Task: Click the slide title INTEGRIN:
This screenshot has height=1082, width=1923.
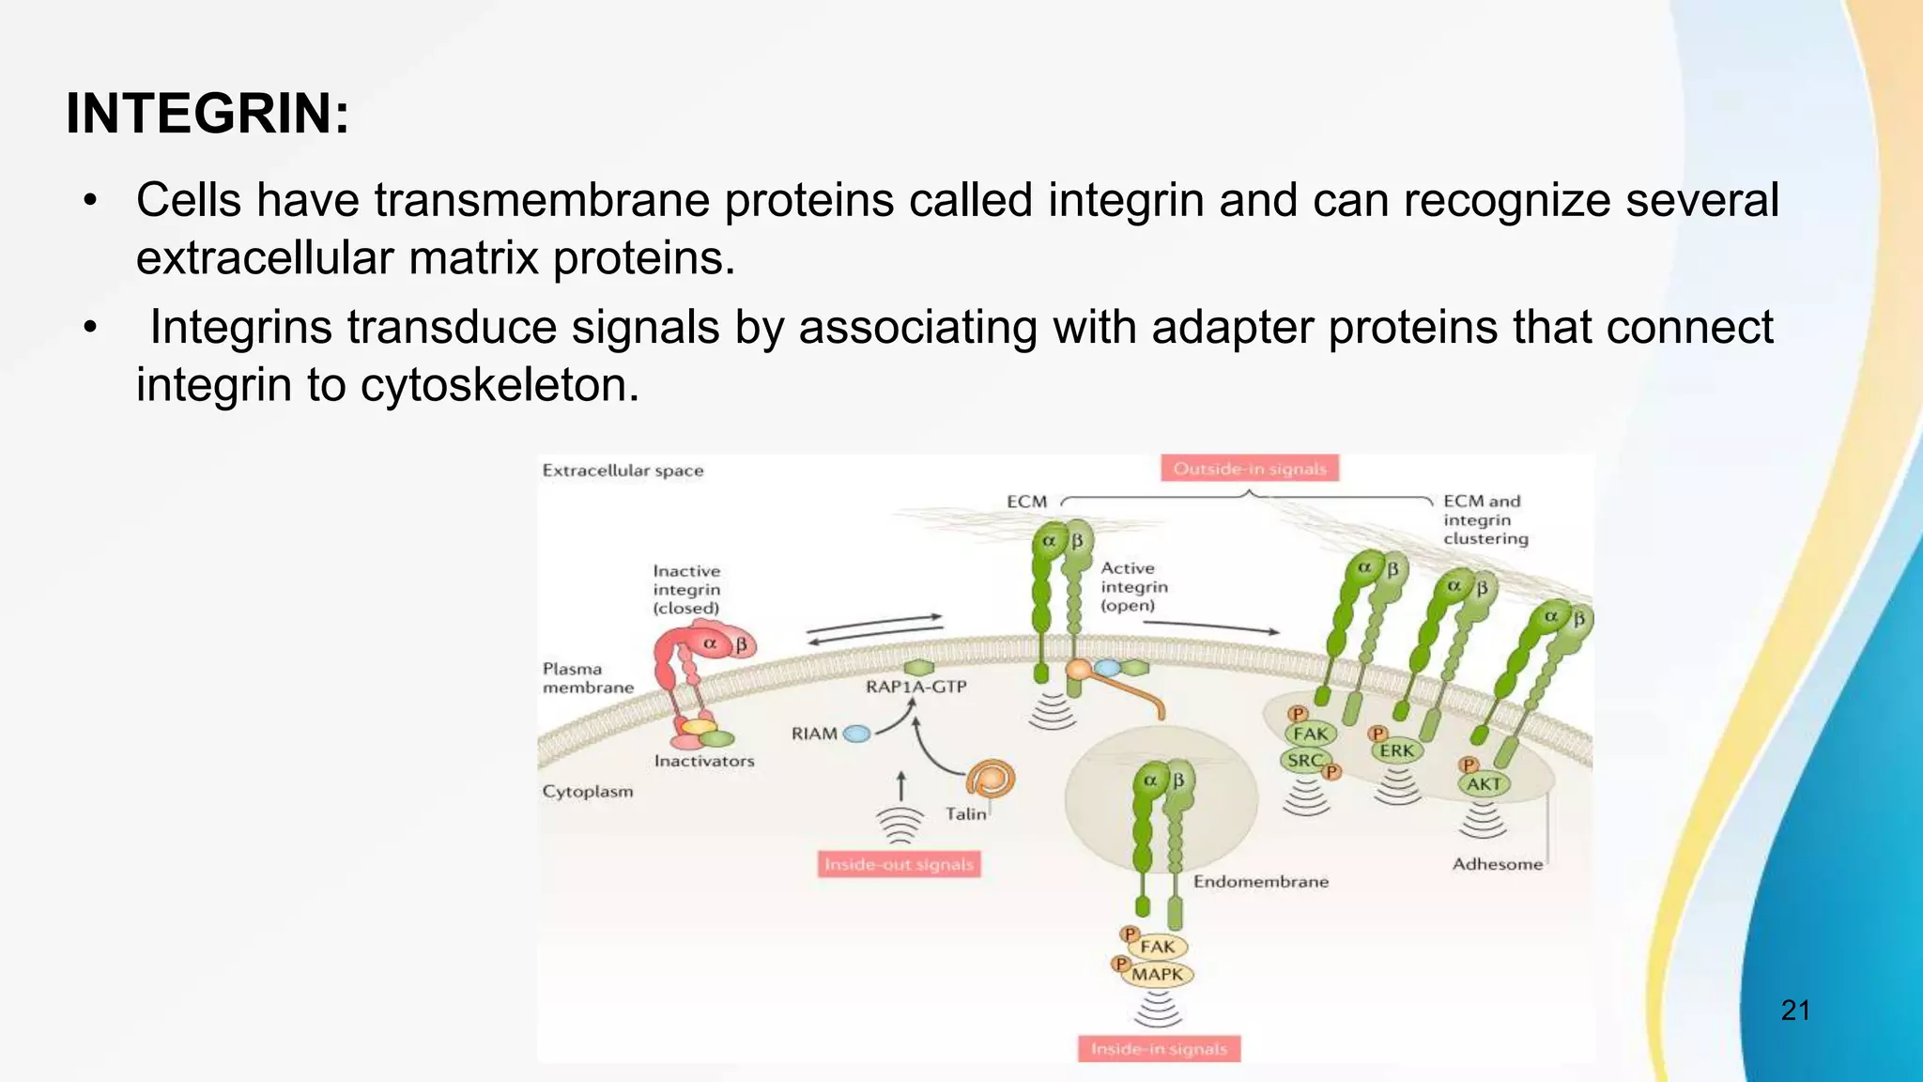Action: pyautogui.click(x=208, y=115)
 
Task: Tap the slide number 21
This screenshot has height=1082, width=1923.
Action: pyautogui.click(x=1794, y=1011)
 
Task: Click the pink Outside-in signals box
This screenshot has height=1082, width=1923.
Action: pyautogui.click(x=1249, y=469)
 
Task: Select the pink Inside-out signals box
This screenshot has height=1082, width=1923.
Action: pyautogui.click(x=899, y=864)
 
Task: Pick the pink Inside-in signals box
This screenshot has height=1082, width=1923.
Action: pyautogui.click(x=1159, y=1049)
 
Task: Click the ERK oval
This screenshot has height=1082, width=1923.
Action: pyautogui.click(x=1396, y=750)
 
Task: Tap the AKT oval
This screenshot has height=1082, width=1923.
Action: pyautogui.click(x=1484, y=784)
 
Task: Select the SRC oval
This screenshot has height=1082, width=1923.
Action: pyautogui.click(x=1304, y=761)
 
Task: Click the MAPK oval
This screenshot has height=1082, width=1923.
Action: pyautogui.click(x=1158, y=975)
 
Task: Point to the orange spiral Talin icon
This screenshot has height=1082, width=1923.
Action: pyautogui.click(x=991, y=779)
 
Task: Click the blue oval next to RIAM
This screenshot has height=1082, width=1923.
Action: pyautogui.click(x=856, y=734)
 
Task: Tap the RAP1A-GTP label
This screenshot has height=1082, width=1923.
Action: pyautogui.click(x=915, y=687)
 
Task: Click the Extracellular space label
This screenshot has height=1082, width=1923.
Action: pyautogui.click(x=623, y=471)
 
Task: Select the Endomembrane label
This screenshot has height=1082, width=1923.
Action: pyautogui.click(x=1260, y=882)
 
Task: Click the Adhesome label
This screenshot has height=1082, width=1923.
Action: pyautogui.click(x=1497, y=864)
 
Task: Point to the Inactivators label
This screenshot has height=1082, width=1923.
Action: pyautogui.click(x=704, y=761)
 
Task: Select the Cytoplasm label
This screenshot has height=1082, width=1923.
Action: pyautogui.click(x=588, y=792)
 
